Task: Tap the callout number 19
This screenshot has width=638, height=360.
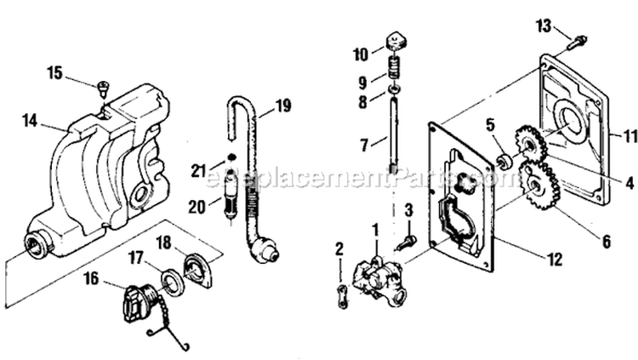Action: pyautogui.click(x=282, y=106)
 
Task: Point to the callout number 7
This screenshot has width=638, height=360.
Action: pyautogui.click(x=364, y=146)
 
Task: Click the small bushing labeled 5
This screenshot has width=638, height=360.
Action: pyautogui.click(x=503, y=159)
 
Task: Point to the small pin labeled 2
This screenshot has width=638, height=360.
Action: pyautogui.click(x=341, y=295)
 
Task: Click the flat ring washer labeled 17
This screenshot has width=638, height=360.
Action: pyautogui.click(x=168, y=278)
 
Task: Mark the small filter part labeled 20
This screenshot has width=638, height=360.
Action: pyautogui.click(x=229, y=206)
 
